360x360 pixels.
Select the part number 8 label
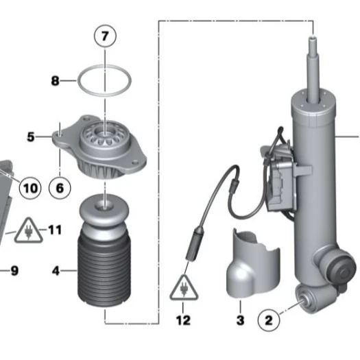click(56, 81)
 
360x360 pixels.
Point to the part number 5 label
click(30, 137)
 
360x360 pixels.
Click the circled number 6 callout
click(60, 187)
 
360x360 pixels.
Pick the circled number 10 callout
click(29, 187)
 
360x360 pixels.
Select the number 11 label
click(55, 230)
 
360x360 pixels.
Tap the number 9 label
click(14, 270)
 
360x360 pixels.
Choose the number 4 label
click(56, 271)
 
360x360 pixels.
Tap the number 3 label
click(240, 320)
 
